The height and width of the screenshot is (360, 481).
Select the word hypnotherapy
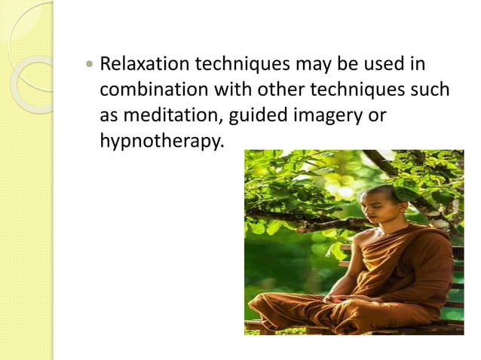coord(161,141)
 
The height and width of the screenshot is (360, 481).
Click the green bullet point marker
coord(90,66)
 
